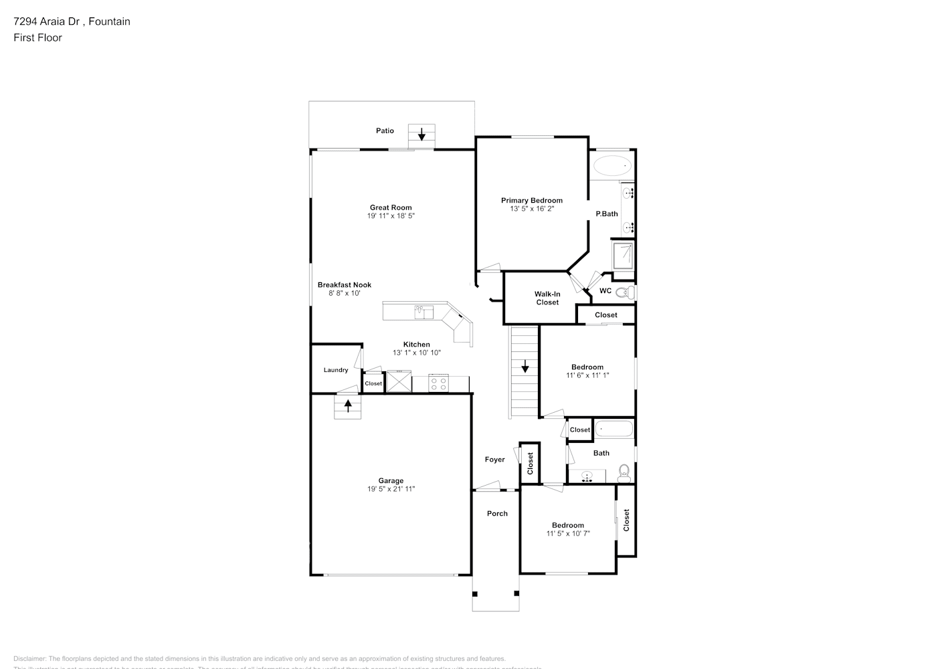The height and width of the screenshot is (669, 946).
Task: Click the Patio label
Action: click(x=385, y=130)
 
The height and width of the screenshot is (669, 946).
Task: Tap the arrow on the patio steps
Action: click(x=421, y=134)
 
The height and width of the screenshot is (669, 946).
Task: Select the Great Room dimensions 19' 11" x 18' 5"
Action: click(x=391, y=216)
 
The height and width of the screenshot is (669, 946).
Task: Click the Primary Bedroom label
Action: click(x=532, y=200)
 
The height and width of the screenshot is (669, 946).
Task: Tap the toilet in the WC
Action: click(x=624, y=292)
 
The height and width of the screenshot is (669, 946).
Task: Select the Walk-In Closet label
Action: click(x=547, y=298)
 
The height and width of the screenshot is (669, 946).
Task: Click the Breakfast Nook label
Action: click(x=345, y=284)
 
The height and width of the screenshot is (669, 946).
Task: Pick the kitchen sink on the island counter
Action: click(x=423, y=312)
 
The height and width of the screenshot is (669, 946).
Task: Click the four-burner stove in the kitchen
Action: click(x=438, y=384)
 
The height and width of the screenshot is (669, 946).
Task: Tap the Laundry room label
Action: click(x=336, y=370)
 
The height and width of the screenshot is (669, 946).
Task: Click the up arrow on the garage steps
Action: click(x=348, y=404)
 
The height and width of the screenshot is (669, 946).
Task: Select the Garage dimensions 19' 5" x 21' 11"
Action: click(x=391, y=489)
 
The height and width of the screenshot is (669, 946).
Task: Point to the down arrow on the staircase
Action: click(x=525, y=366)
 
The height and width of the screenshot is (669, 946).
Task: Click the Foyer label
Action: click(x=495, y=460)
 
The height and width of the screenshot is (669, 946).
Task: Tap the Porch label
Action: click(x=497, y=514)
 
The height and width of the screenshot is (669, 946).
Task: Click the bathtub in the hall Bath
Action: click(x=613, y=428)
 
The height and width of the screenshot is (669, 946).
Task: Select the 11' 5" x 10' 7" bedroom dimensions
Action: click(x=568, y=533)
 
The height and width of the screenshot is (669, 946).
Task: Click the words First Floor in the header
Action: click(x=37, y=37)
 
